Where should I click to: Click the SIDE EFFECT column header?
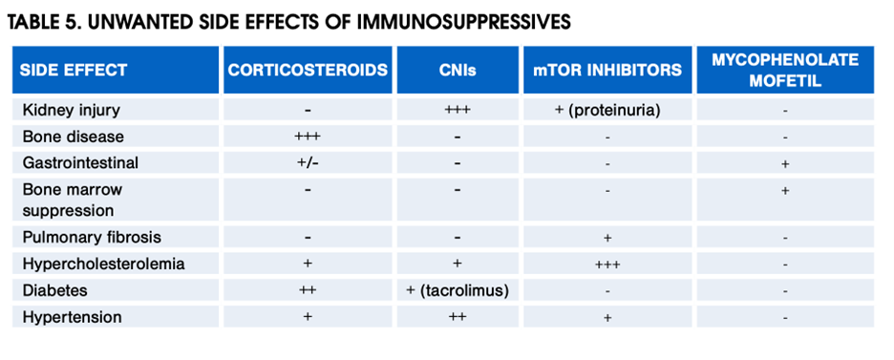coord(74,71)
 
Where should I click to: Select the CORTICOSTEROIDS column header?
coord(308,70)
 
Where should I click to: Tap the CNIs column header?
coord(458,71)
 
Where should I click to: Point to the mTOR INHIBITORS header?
coord(607,70)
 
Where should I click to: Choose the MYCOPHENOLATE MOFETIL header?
coord(785,70)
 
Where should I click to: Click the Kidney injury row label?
coord(72,110)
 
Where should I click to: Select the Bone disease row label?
coord(73,137)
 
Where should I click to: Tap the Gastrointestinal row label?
coord(80,163)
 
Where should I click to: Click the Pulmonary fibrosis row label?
coord(92,237)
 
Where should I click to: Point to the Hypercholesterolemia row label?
coord(104,264)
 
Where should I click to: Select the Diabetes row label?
coord(55,290)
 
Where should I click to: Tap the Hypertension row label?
coord(73,317)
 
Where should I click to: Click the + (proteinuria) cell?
coord(607,110)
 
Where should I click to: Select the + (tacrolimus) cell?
coord(458,290)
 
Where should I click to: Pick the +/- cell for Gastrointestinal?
coord(308,163)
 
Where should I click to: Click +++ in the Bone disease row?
coord(308,137)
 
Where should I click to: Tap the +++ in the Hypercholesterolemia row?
coord(607,265)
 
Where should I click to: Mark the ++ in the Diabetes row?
coord(308,290)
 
